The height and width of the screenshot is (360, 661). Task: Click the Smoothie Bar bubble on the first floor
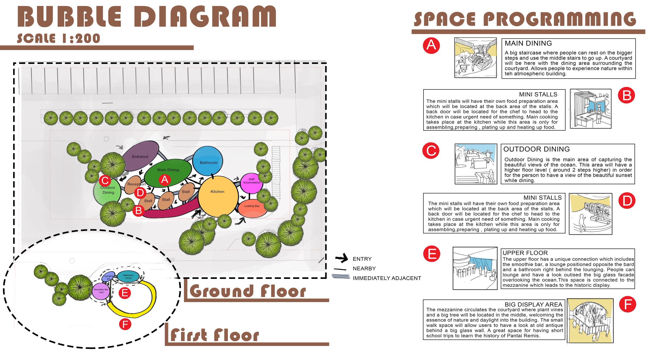[x=101, y=291]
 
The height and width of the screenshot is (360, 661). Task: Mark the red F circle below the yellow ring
[x=125, y=324]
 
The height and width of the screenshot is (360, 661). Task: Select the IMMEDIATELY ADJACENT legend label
[x=387, y=278]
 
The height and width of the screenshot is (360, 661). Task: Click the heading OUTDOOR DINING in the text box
[x=536, y=149]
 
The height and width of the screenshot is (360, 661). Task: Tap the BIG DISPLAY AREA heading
[x=533, y=304]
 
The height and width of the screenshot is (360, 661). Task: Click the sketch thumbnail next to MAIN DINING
[x=475, y=57]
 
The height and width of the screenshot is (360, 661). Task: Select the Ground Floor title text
[x=248, y=291]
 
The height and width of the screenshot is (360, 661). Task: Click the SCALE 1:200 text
[x=58, y=38]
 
